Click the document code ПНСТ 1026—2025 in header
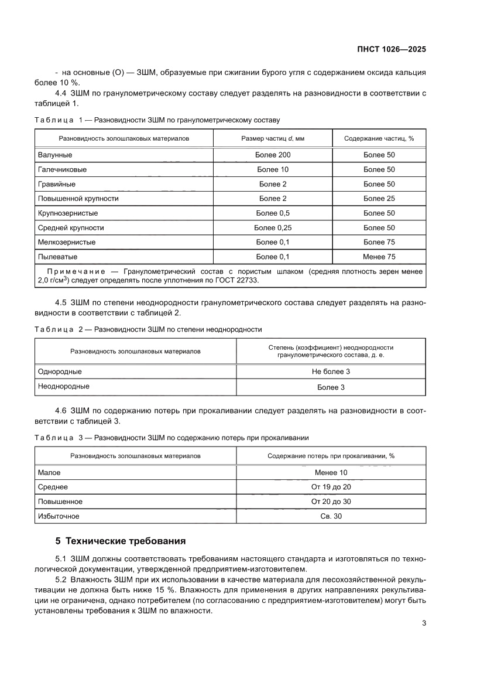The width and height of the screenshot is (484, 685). pos(392,49)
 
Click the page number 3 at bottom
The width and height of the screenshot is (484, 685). pos(423,623)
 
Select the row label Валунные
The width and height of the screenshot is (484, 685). pos(55,155)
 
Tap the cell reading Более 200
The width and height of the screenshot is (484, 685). pos(273,155)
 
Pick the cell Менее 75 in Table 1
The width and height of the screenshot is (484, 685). pos(379,257)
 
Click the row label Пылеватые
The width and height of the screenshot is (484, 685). pos(57,257)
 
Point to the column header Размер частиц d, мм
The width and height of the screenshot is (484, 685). pos(273,139)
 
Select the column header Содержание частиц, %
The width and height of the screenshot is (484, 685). pos(379,139)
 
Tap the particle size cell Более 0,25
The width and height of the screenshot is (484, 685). pos(273,227)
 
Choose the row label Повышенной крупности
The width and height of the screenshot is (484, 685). pos(78,199)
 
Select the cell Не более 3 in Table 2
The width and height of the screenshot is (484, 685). pos(331,372)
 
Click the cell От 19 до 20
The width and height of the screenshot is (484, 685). pos(331,487)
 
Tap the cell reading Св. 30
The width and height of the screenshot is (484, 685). pos(331,516)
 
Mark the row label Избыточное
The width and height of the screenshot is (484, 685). pos(59,516)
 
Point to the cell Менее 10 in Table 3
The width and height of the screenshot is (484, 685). pos(331,472)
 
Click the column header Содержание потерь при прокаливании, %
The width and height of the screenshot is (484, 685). pos(331,455)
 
